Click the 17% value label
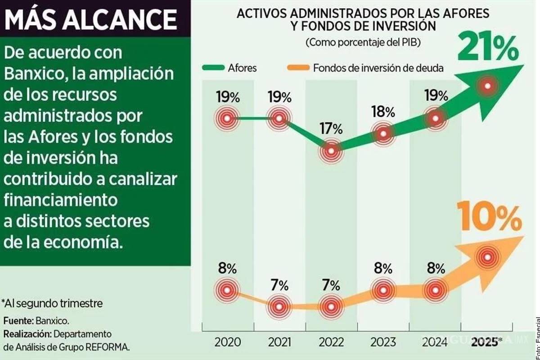coord(331,129)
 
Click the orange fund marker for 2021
coord(279,306)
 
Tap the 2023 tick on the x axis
coord(383,342)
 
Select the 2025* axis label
coord(485,342)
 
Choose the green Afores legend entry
coord(229,68)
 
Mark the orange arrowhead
coord(508,252)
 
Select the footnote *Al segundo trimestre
coord(52,303)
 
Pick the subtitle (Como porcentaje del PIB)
coord(363,43)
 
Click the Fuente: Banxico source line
coord(36,321)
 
